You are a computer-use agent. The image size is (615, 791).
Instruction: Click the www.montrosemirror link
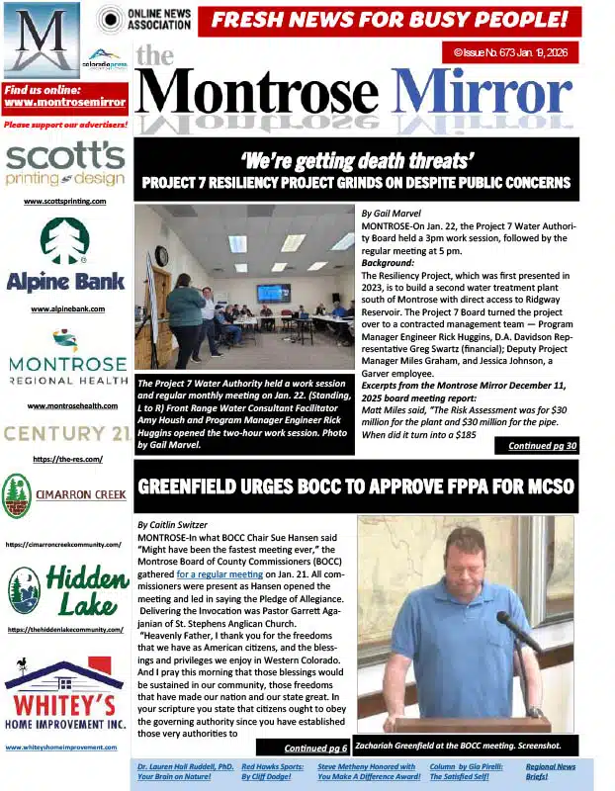coord(65,103)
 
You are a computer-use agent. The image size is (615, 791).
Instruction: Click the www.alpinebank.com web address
coord(65,309)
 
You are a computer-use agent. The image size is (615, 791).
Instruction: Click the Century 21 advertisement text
coord(65,432)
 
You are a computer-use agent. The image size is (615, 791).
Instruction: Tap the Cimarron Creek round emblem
coord(18,494)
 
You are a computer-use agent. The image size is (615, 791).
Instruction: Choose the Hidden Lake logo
coord(65,589)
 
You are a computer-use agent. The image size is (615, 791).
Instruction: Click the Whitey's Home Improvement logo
coord(65,696)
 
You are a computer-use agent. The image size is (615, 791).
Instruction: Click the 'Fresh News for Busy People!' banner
coord(390,19)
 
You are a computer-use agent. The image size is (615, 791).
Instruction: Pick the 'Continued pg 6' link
coord(315,747)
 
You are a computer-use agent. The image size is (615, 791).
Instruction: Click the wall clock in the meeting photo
coord(161,255)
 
